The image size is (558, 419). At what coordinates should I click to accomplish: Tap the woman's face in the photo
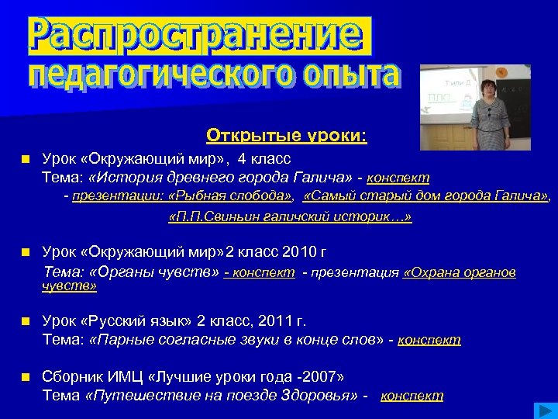487,85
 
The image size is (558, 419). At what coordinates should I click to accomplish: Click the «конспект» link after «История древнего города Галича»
398,178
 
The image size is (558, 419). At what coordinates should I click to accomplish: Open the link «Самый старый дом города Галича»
425,196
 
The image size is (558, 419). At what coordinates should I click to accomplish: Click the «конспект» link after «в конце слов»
429,340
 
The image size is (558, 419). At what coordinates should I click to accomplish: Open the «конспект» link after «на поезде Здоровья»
412,396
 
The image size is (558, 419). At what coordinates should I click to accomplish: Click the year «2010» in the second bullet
291,252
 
